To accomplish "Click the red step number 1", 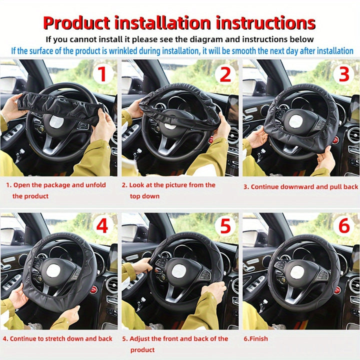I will pyautogui.click(x=101, y=74).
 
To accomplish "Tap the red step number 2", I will pyautogui.click(x=225, y=74).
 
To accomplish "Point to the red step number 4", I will pyautogui.click(x=101, y=226).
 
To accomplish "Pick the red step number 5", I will pyautogui.click(x=225, y=226).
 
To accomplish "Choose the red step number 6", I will pyautogui.click(x=343, y=226).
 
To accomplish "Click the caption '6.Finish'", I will pyautogui.click(x=255, y=338).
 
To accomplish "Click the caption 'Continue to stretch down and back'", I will pyautogui.click(x=57, y=338).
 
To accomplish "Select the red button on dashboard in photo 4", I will pyautogui.click(x=93, y=289).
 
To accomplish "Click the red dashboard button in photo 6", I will pyautogui.click(x=336, y=290).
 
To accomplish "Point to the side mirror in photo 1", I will pyautogui.click(x=10, y=84).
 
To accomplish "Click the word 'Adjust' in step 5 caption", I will pyautogui.click(x=141, y=338).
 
